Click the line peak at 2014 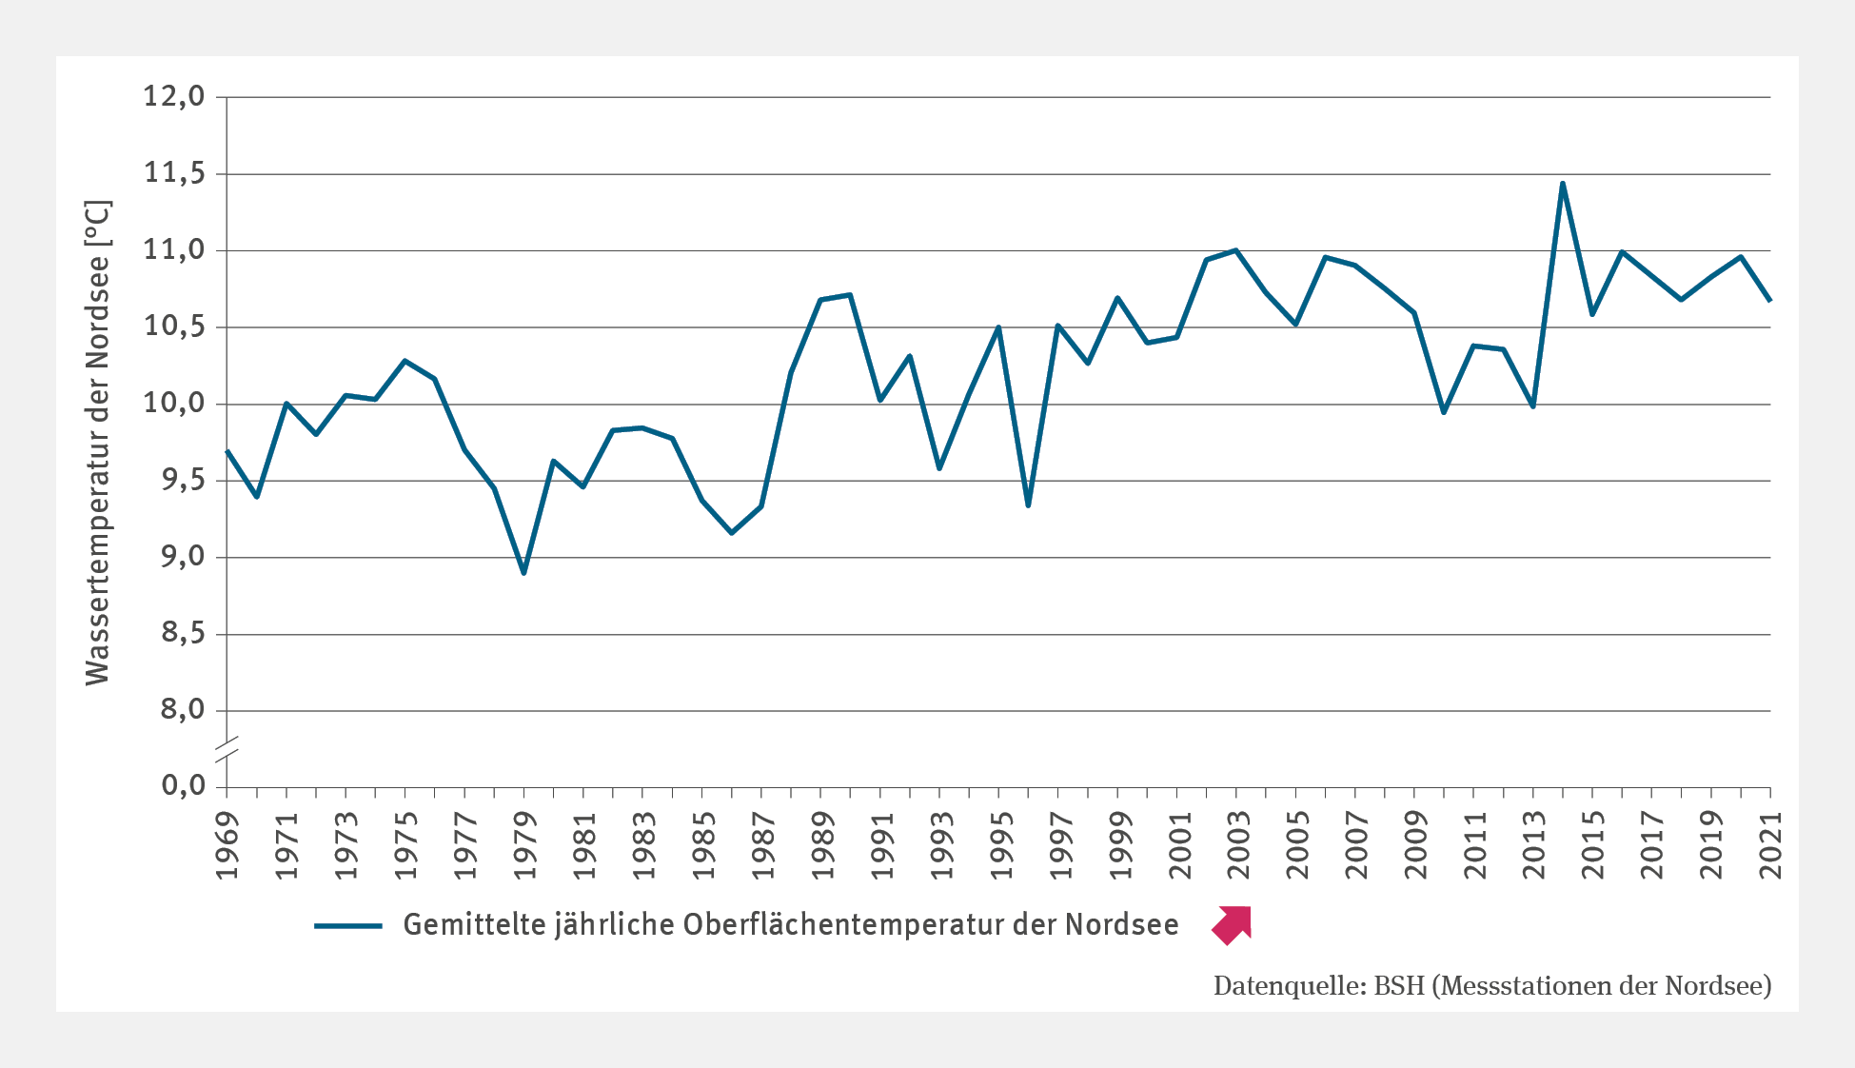coord(1563,183)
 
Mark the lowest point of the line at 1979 coord(523,573)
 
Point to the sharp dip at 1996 coord(1028,505)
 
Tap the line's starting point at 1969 coord(227,450)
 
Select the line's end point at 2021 coord(1770,301)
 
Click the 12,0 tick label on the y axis coord(174,96)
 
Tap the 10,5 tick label coord(174,326)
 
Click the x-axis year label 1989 coord(821,845)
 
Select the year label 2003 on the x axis coord(1237,845)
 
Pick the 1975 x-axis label coord(405,845)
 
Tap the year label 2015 coord(1593,845)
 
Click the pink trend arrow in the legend coord(1233,925)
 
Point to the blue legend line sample coord(347,925)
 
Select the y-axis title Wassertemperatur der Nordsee coord(98,443)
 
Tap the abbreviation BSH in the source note coord(1398,986)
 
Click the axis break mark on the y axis coord(227,748)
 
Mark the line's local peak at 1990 coord(850,294)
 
